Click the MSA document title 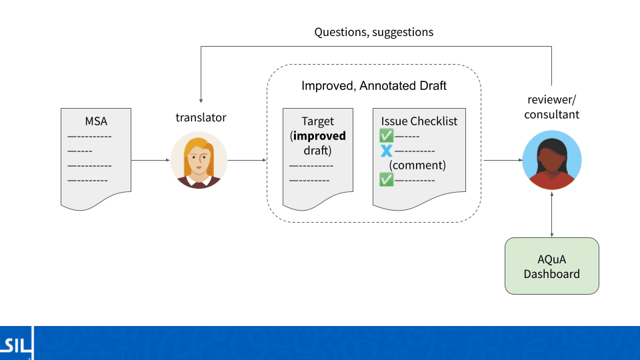(96, 121)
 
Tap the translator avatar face (199, 159)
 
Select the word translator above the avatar (201, 117)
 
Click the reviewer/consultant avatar (552, 160)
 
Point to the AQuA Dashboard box (552, 266)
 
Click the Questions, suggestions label (374, 32)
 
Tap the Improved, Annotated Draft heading (374, 86)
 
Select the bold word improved (319, 136)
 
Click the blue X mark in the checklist (386, 151)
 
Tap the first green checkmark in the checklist (386, 135)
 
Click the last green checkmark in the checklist (386, 179)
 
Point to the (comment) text (417, 165)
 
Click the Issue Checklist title (419, 121)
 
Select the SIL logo (16, 344)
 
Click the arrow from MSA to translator (151, 160)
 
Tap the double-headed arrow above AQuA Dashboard (552, 214)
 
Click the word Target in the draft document (317, 121)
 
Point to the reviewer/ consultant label (552, 107)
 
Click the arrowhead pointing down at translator (201, 101)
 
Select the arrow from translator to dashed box (247, 160)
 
